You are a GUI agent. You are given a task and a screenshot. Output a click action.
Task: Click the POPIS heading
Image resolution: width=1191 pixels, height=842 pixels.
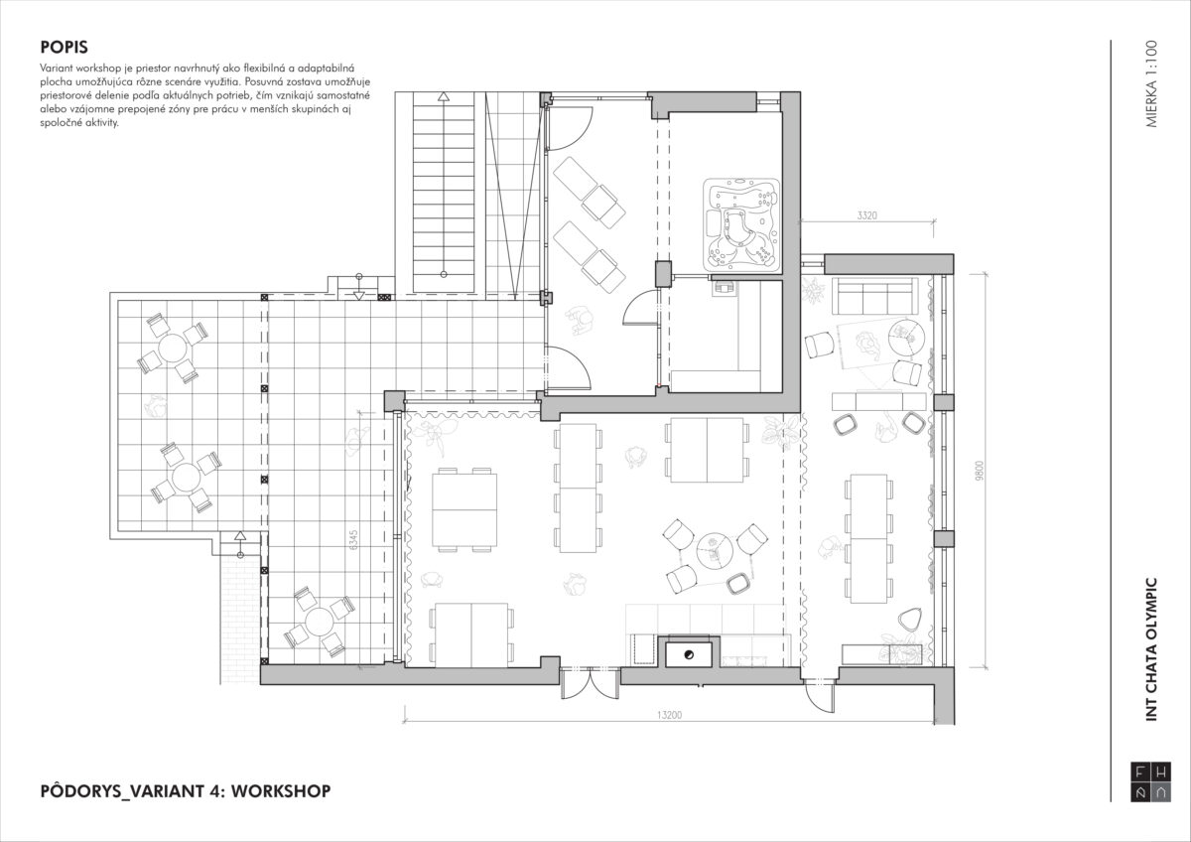(64, 47)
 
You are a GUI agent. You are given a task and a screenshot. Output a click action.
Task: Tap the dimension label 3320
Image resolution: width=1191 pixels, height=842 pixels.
(866, 215)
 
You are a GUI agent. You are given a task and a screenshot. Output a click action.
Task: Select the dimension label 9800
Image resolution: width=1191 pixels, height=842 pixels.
(980, 471)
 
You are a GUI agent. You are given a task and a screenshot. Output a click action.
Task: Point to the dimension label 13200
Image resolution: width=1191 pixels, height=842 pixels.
(669, 715)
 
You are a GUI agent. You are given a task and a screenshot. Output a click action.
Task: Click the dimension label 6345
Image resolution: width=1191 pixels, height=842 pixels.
(354, 539)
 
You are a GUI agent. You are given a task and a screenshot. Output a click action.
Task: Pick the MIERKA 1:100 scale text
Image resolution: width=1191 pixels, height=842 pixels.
(1151, 83)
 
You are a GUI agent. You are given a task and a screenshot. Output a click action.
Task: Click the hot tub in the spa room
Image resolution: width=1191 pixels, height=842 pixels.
(741, 223)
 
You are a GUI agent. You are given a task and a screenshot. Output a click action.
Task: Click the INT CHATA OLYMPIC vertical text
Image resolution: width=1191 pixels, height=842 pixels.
(1151, 649)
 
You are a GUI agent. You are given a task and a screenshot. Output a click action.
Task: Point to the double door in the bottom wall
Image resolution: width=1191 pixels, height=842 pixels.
(591, 684)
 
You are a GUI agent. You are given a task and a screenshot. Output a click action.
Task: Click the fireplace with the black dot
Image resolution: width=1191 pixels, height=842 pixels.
(689, 654)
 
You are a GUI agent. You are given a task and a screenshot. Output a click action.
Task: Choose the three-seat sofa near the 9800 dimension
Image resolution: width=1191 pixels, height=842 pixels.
(874, 297)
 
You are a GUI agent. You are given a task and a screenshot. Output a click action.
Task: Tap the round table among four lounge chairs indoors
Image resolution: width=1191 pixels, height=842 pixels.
(714, 550)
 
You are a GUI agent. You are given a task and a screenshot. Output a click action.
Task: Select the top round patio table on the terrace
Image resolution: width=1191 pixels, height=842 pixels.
(173, 348)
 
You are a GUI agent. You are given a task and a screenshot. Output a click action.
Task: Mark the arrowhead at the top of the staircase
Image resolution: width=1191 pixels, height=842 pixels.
(444, 96)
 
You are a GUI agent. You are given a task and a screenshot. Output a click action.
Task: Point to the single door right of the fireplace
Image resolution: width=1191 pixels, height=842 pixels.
(820, 694)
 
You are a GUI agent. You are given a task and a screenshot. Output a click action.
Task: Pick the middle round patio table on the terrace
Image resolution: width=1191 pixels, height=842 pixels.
(186, 478)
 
